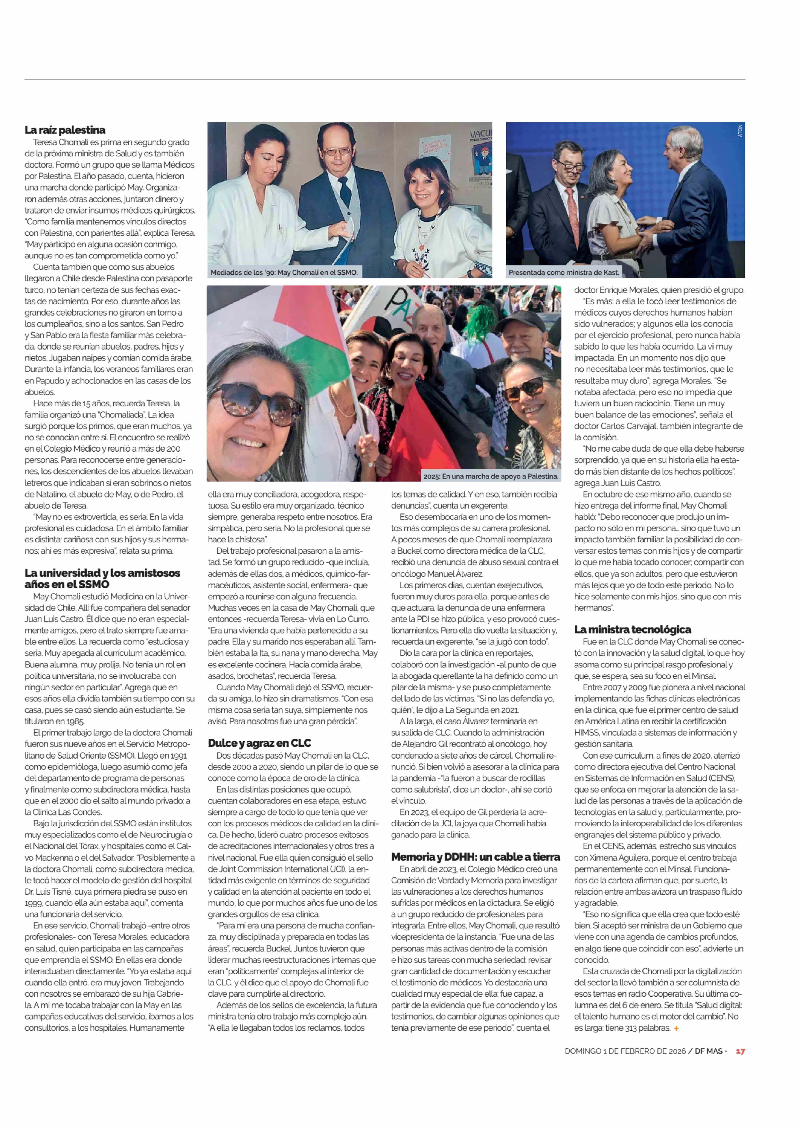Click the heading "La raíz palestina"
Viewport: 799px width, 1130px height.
[65, 130]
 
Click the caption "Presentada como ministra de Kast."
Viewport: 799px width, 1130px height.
[563, 272]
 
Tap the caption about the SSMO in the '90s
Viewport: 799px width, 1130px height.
[284, 272]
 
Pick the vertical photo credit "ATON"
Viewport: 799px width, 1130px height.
[740, 130]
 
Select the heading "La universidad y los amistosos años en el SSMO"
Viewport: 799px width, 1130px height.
[102, 578]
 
